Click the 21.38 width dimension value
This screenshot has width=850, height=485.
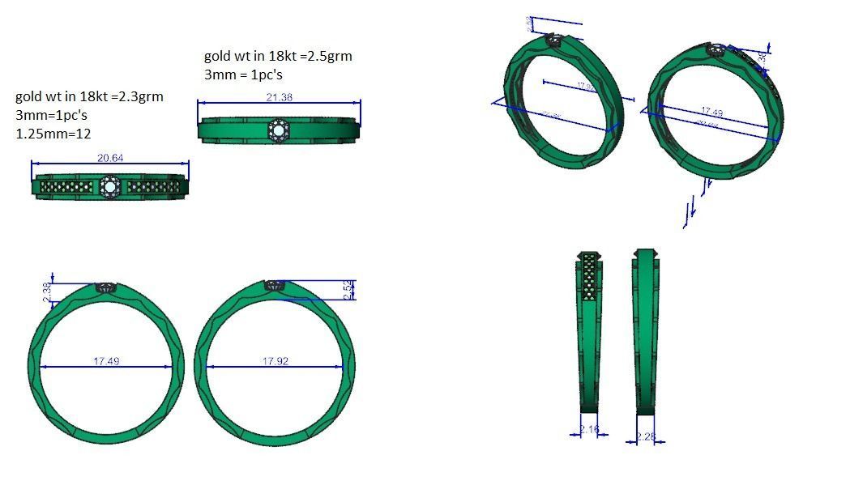tap(279, 97)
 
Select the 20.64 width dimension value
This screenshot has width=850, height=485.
tap(110, 158)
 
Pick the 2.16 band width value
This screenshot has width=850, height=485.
tap(589, 430)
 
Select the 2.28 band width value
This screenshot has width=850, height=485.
tap(646, 437)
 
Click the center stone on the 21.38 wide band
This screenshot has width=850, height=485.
tap(278, 130)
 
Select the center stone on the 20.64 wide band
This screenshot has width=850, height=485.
tap(110, 188)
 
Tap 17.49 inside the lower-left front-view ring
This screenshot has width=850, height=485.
tap(106, 361)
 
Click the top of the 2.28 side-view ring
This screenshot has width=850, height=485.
tap(644, 253)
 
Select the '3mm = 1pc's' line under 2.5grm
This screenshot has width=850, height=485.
tap(242, 74)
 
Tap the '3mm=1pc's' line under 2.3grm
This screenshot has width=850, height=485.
tap(50, 115)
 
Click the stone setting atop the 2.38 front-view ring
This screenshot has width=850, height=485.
tap(107, 288)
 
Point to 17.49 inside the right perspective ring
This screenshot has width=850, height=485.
tap(711, 112)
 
